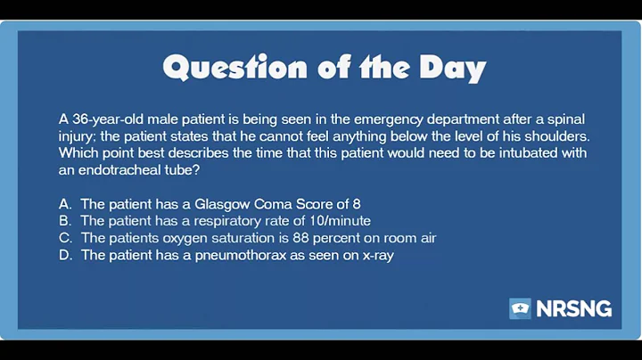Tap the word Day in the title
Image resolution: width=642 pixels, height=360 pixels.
pos(449,68)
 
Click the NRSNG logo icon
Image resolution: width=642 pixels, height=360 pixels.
pos(520,309)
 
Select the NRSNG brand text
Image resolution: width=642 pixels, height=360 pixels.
pos(574,309)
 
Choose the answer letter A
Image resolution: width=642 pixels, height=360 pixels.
pos(64,204)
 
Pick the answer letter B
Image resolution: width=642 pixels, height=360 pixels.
pos(64,221)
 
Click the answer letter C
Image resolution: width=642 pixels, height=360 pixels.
pos(64,238)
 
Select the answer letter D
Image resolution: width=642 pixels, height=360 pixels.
pos(64,256)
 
